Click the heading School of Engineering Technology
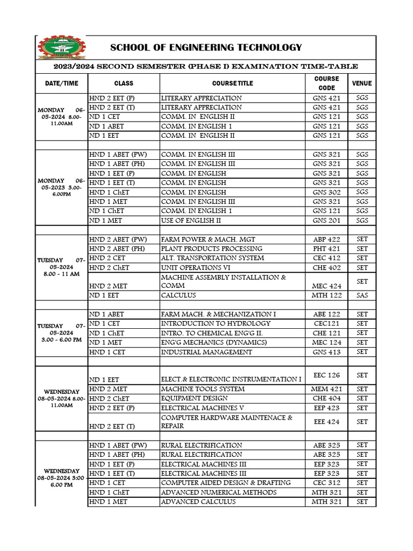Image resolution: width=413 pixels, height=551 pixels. pos(206,48)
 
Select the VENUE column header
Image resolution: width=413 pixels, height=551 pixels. pos(361,83)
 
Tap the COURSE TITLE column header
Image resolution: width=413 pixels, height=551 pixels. pos(232,83)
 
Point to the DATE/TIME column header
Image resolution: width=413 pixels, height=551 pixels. pos(61,83)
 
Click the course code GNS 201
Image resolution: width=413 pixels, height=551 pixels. pos(326,221)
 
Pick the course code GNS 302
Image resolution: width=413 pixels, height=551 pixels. pos(326,192)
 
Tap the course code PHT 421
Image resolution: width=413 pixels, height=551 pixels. pos(326,249)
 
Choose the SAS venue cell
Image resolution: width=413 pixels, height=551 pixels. pos(362,295)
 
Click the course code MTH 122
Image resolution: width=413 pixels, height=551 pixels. pos(326,295)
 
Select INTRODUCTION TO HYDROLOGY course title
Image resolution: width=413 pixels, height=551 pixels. pos(216,323)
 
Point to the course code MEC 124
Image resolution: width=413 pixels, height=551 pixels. pos(326,342)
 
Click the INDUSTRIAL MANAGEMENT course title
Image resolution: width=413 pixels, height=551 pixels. pos(206,352)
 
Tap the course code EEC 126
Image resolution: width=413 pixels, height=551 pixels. pos(326,375)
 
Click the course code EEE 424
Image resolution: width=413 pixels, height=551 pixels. pos(326,422)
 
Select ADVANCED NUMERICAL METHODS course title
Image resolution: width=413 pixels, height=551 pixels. pos(219,492)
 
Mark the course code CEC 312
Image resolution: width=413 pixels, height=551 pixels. pos(326,483)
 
